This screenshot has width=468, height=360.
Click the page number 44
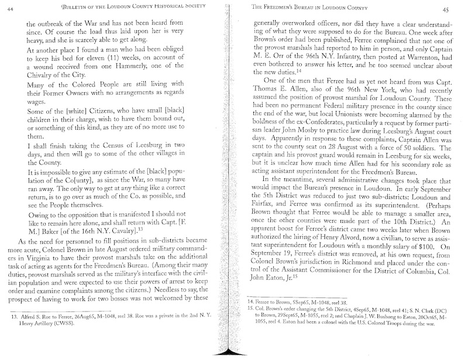tap(11, 7)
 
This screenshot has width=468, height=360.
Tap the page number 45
tap(453, 9)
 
